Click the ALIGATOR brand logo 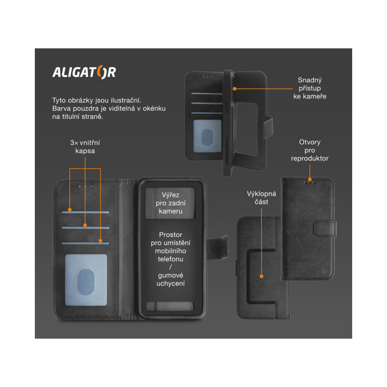[84, 72]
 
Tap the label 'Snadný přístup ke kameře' [310, 88]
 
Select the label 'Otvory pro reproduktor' [310, 150]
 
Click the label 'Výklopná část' [261, 198]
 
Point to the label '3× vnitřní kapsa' [85, 147]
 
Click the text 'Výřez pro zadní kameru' [171, 203]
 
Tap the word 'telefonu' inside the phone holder [171, 259]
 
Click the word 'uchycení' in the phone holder [171, 283]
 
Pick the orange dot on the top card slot [70, 210]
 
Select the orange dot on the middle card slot [85, 225]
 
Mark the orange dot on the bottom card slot [101, 240]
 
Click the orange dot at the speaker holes [310, 179]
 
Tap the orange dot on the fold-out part [262, 276]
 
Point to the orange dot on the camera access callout [235, 89]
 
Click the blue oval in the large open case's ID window [86, 282]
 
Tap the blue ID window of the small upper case [208, 136]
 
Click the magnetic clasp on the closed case [325, 229]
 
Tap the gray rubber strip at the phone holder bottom [170, 306]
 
